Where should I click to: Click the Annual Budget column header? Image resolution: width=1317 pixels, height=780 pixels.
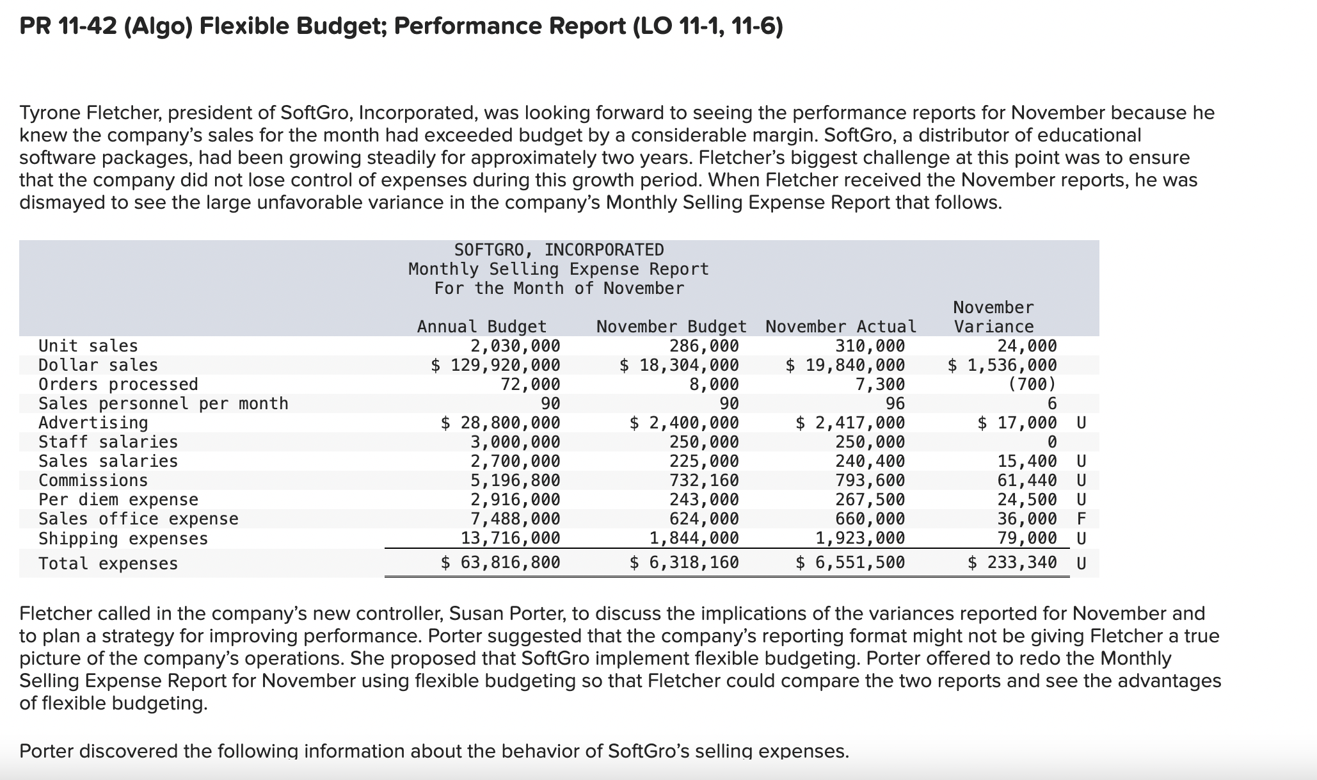[482, 327]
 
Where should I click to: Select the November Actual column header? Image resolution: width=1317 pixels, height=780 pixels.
[840, 327]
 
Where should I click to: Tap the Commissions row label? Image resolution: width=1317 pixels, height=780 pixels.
[93, 480]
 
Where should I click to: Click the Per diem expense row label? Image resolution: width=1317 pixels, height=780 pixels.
[118, 500]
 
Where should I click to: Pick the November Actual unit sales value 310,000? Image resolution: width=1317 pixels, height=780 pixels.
[870, 346]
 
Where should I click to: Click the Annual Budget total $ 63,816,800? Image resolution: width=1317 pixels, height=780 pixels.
[500, 563]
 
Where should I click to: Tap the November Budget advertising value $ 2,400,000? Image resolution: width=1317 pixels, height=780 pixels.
[684, 423]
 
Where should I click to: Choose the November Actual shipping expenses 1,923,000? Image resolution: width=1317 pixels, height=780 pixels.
[860, 538]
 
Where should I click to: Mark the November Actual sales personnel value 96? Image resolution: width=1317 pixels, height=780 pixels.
[895, 403]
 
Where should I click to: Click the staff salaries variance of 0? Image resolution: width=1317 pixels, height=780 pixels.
[1051, 442]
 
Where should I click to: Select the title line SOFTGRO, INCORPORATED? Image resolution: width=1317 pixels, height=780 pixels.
[559, 250]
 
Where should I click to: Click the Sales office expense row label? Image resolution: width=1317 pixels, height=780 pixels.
[138, 519]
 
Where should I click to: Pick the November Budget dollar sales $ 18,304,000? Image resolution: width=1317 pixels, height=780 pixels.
[679, 365]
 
